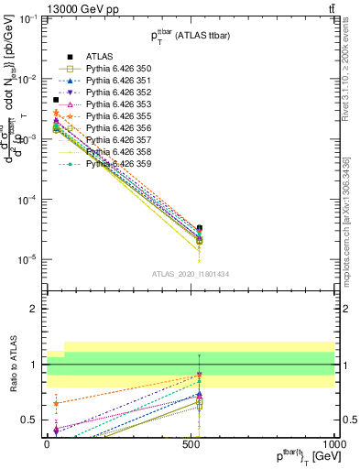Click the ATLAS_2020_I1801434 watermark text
(191, 274)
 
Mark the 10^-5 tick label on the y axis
(27, 259)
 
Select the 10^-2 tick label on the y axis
(27, 79)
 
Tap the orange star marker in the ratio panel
(57, 403)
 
